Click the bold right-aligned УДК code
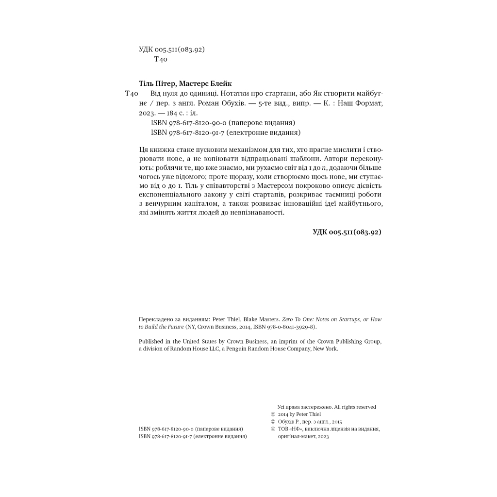[347, 232]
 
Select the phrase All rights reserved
[355, 407]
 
